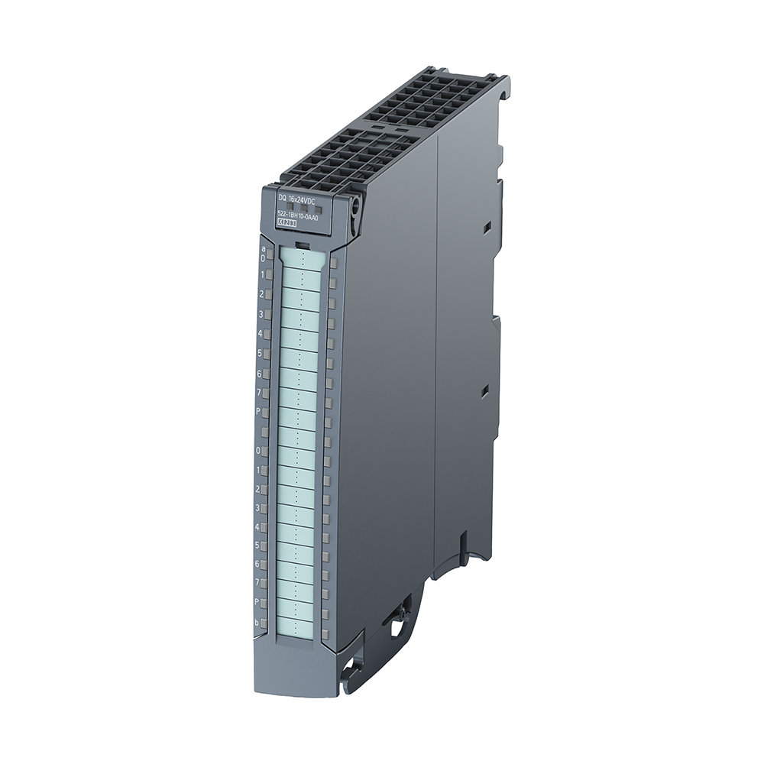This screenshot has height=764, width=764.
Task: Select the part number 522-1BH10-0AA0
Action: point(296,216)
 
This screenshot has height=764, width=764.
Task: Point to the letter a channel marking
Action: point(264,248)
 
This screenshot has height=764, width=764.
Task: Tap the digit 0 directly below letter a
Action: point(263,259)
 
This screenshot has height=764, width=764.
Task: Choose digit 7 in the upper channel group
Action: point(260,392)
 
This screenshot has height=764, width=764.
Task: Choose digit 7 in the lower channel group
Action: point(257,582)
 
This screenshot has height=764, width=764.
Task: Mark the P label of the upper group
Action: point(259,412)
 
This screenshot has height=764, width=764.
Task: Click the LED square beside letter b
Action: point(264,623)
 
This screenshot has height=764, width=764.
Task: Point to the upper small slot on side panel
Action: point(485,228)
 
